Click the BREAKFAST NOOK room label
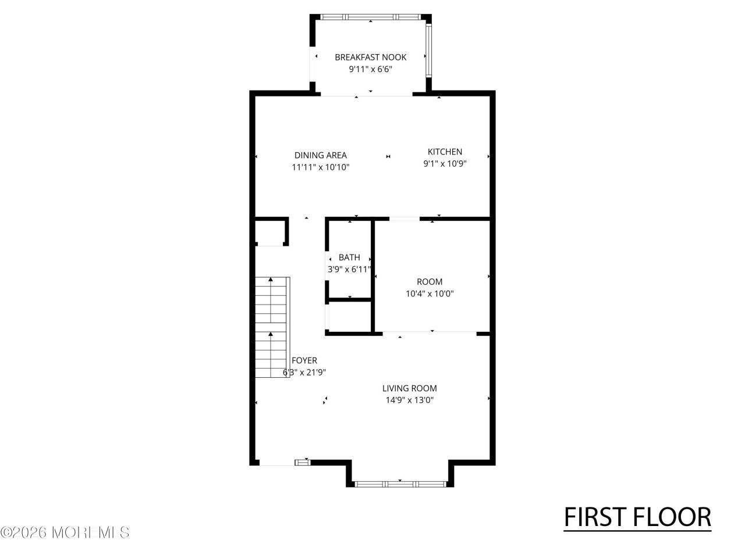pyautogui.click(x=370, y=58)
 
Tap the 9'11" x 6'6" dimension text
pyautogui.click(x=370, y=69)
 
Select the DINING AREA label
pyautogui.click(x=320, y=155)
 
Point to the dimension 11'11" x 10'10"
pyautogui.click(x=320, y=167)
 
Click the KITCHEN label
pyautogui.click(x=445, y=152)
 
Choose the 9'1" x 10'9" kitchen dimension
pyautogui.click(x=445, y=164)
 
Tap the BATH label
pyautogui.click(x=349, y=257)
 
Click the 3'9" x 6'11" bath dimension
pyautogui.click(x=349, y=269)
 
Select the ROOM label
pyautogui.click(x=430, y=281)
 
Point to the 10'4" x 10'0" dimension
pyautogui.click(x=430, y=294)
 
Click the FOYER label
pyautogui.click(x=304, y=360)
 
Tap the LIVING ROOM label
pyautogui.click(x=409, y=388)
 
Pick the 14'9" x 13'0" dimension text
pyautogui.click(x=409, y=400)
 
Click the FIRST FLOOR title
pyautogui.click(x=637, y=517)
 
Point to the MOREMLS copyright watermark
pyautogui.click(x=65, y=532)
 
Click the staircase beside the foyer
pyautogui.click(x=272, y=327)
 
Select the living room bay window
pyautogui.click(x=400, y=484)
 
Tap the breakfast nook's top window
pyautogui.click(x=371, y=17)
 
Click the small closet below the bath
pyautogui.click(x=350, y=316)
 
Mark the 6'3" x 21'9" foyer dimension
pyautogui.click(x=304, y=373)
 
